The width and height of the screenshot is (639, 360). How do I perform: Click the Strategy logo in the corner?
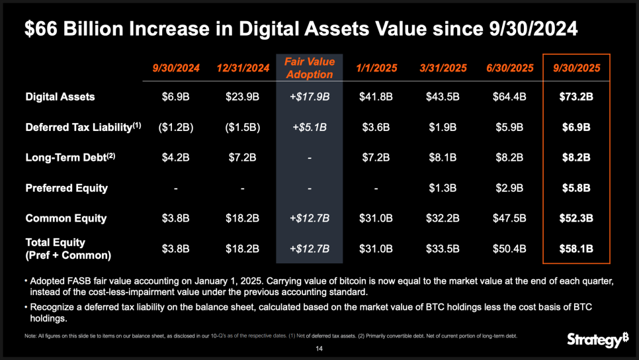pyautogui.click(x=597, y=340)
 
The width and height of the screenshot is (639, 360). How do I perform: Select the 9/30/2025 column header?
pyautogui.click(x=575, y=67)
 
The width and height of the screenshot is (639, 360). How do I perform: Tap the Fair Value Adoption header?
pyautogui.click(x=310, y=67)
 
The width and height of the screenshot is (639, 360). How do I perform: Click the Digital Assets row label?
pyautogui.click(x=60, y=97)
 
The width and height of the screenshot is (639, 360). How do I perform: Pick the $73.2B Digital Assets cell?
pyautogui.click(x=575, y=97)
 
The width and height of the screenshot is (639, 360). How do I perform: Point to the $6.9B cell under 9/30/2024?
pyautogui.click(x=176, y=97)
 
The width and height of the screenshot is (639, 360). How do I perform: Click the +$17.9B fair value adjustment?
pyautogui.click(x=310, y=97)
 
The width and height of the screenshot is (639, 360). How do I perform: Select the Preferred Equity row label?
pyautogui.click(x=66, y=188)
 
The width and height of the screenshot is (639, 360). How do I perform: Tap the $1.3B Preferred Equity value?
pyautogui.click(x=443, y=188)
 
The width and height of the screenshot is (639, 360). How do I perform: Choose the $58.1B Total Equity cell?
pyautogui.click(x=575, y=249)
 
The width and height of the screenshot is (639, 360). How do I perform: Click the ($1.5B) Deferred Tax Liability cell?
pyautogui.click(x=243, y=127)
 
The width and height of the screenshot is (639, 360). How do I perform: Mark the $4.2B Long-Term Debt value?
pyautogui.click(x=176, y=157)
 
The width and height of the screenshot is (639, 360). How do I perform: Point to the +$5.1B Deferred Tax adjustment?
pyautogui.click(x=310, y=127)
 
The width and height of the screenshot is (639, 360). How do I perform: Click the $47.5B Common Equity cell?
pyautogui.click(x=509, y=218)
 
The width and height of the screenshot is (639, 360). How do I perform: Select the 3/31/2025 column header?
pyautogui.click(x=443, y=67)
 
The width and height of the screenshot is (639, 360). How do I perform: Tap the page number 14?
pyautogui.click(x=319, y=348)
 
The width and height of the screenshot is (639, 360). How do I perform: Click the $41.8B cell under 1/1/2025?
pyautogui.click(x=376, y=97)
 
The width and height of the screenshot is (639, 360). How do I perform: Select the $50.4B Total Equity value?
pyautogui.click(x=509, y=249)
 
